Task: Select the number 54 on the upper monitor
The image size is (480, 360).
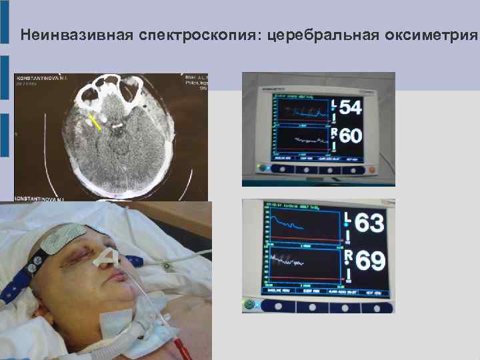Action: [351, 107]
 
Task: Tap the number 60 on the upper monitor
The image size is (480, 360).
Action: [351, 137]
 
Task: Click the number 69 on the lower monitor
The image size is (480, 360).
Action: [370, 261]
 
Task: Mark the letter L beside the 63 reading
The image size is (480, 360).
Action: [347, 218]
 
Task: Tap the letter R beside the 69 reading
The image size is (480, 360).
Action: [347, 254]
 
